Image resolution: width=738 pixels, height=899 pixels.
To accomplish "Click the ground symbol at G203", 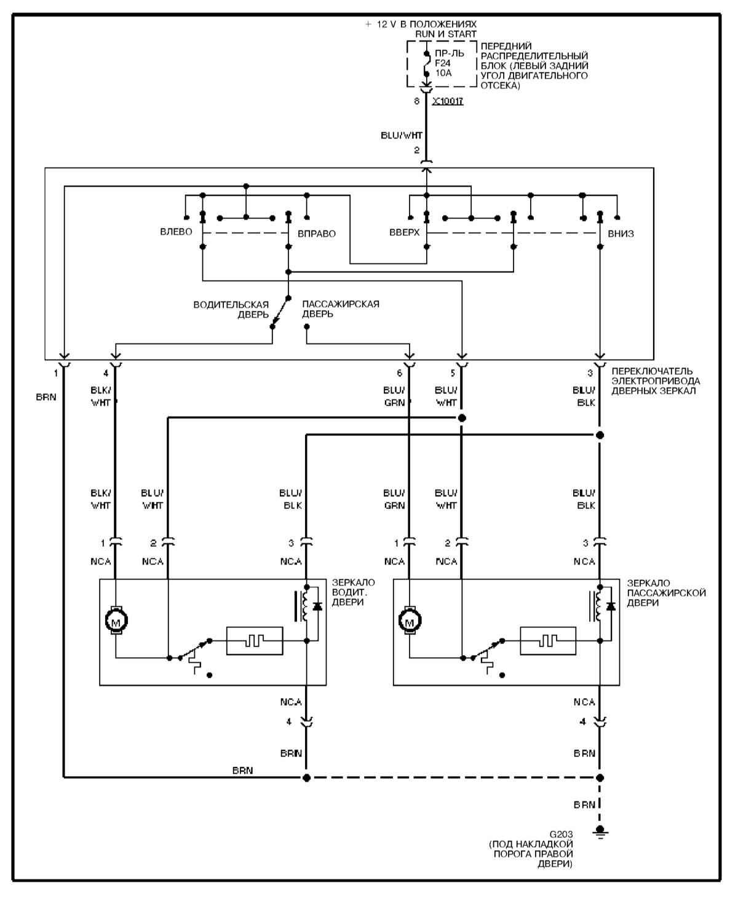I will click(x=600, y=833).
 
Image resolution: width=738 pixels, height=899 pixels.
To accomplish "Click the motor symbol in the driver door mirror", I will click(x=116, y=622).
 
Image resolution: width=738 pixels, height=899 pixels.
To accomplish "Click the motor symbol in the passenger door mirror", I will click(x=409, y=622).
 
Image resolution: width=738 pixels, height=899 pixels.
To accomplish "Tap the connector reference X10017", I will click(x=447, y=101).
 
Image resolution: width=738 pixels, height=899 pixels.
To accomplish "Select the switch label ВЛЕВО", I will click(x=176, y=232).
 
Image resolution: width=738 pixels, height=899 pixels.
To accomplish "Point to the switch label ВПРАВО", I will click(x=317, y=234).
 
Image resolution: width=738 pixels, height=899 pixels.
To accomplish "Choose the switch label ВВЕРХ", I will click(x=404, y=233).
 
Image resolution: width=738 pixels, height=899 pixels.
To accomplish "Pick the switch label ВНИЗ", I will click(x=621, y=234).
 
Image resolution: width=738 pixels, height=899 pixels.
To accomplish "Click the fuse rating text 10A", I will click(x=443, y=73).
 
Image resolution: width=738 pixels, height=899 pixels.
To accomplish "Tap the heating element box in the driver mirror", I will click(x=255, y=641).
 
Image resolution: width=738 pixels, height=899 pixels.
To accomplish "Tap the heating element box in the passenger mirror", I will click(x=548, y=641).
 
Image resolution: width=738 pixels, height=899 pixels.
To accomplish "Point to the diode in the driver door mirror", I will click(x=317, y=607).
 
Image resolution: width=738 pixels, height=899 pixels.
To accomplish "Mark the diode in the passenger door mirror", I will click(x=611, y=607).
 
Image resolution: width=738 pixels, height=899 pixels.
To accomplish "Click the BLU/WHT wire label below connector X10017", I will click(x=402, y=136).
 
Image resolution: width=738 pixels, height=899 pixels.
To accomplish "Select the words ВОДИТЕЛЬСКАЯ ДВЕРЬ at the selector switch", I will click(x=231, y=309).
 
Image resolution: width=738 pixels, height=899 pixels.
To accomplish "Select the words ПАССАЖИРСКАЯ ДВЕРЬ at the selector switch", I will click(x=340, y=309).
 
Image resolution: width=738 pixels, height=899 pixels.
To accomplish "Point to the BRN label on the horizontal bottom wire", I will click(x=242, y=770).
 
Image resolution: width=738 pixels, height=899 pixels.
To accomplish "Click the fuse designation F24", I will click(x=443, y=63).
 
